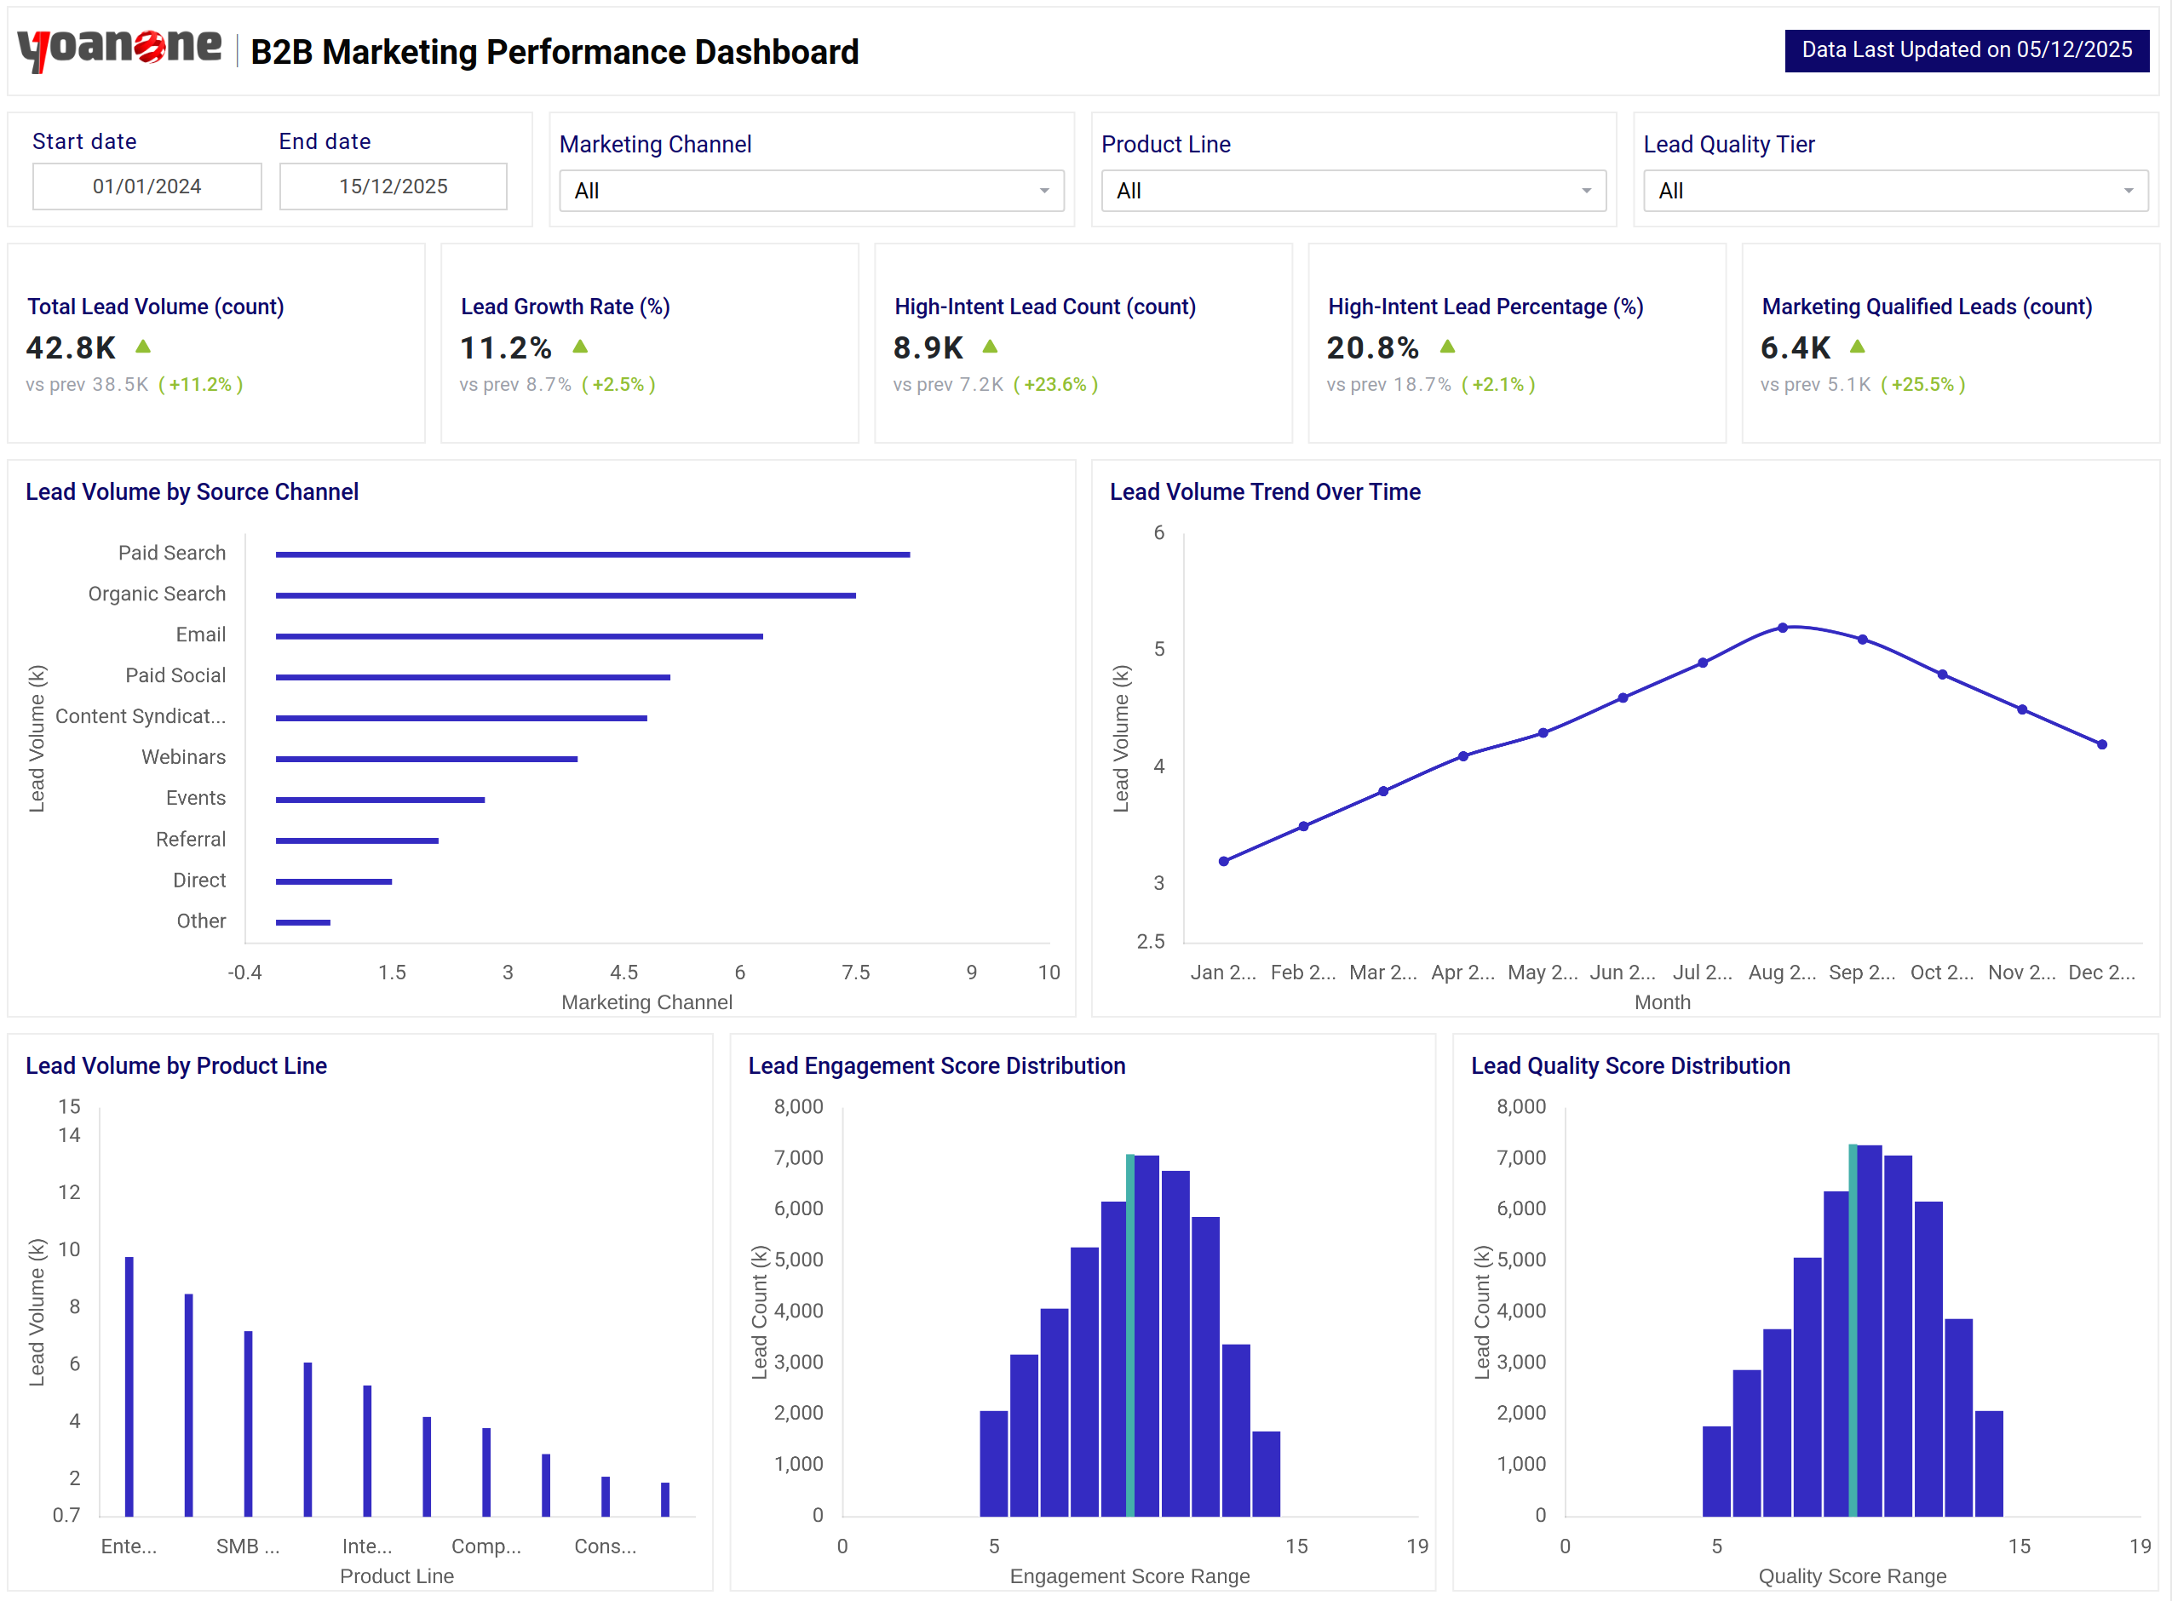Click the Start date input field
(x=147, y=186)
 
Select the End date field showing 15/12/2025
(x=393, y=186)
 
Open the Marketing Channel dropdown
(x=810, y=191)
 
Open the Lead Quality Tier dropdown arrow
(x=2128, y=191)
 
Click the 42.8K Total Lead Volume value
(x=71, y=347)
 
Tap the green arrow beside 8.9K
(x=990, y=346)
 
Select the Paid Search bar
(x=591, y=554)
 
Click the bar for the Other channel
(x=302, y=921)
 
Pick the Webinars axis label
(x=183, y=757)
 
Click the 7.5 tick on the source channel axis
(x=855, y=972)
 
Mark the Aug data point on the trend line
(x=1783, y=628)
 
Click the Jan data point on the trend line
(x=1223, y=861)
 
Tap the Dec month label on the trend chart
(x=2100, y=972)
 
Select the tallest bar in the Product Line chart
(x=129, y=1386)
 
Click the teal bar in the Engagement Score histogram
(x=1129, y=1335)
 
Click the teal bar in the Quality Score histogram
(x=1852, y=1329)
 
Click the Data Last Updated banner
(x=1966, y=50)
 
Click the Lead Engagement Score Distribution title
(x=935, y=1065)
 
